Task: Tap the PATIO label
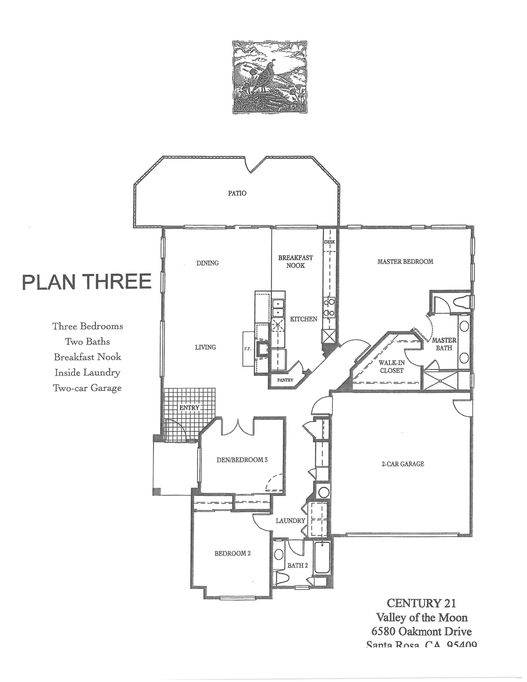tap(237, 193)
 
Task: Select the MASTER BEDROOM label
tap(405, 262)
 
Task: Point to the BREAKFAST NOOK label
tap(295, 262)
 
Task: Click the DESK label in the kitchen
tap(329, 242)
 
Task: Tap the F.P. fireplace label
tap(248, 349)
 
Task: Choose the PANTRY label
tap(285, 380)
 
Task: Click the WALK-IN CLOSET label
tap(392, 367)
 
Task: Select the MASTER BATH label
tap(444, 344)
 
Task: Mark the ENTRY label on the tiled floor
tap(189, 407)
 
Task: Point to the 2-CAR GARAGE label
tap(403, 464)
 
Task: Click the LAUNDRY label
tap(290, 521)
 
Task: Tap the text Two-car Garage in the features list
tap(87, 388)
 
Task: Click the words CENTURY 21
tap(421, 603)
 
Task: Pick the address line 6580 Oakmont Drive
tap(421, 632)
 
